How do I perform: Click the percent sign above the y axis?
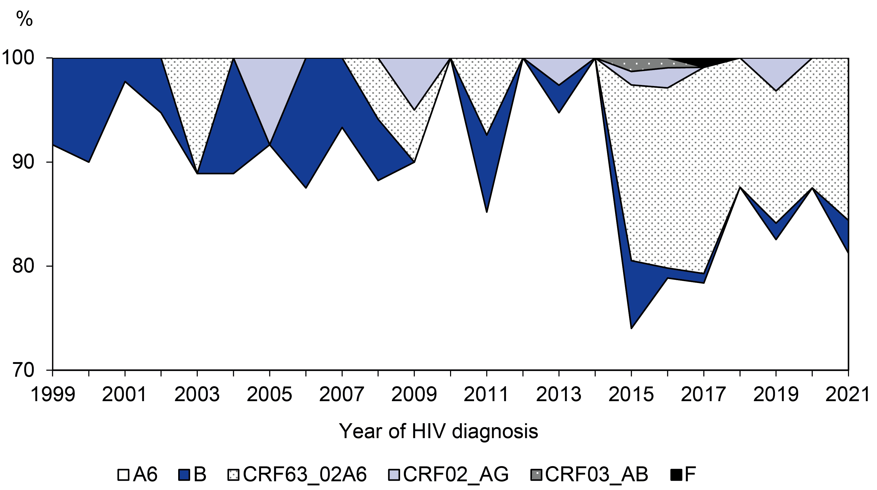24,19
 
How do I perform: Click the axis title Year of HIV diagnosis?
438,431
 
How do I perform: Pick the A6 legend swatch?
123,475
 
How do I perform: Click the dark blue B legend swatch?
184,475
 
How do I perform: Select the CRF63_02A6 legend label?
305,474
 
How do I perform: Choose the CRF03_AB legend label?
596,474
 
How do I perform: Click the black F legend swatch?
676,475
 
